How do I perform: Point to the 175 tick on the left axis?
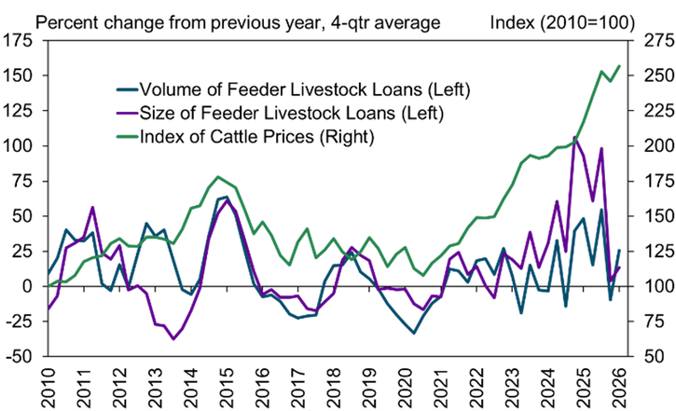click(20, 40)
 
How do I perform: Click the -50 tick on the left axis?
click(21, 356)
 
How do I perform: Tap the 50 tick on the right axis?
click(645, 356)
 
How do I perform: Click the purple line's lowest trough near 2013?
click(172, 339)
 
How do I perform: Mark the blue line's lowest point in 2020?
click(414, 333)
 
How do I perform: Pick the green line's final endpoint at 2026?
click(619, 66)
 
